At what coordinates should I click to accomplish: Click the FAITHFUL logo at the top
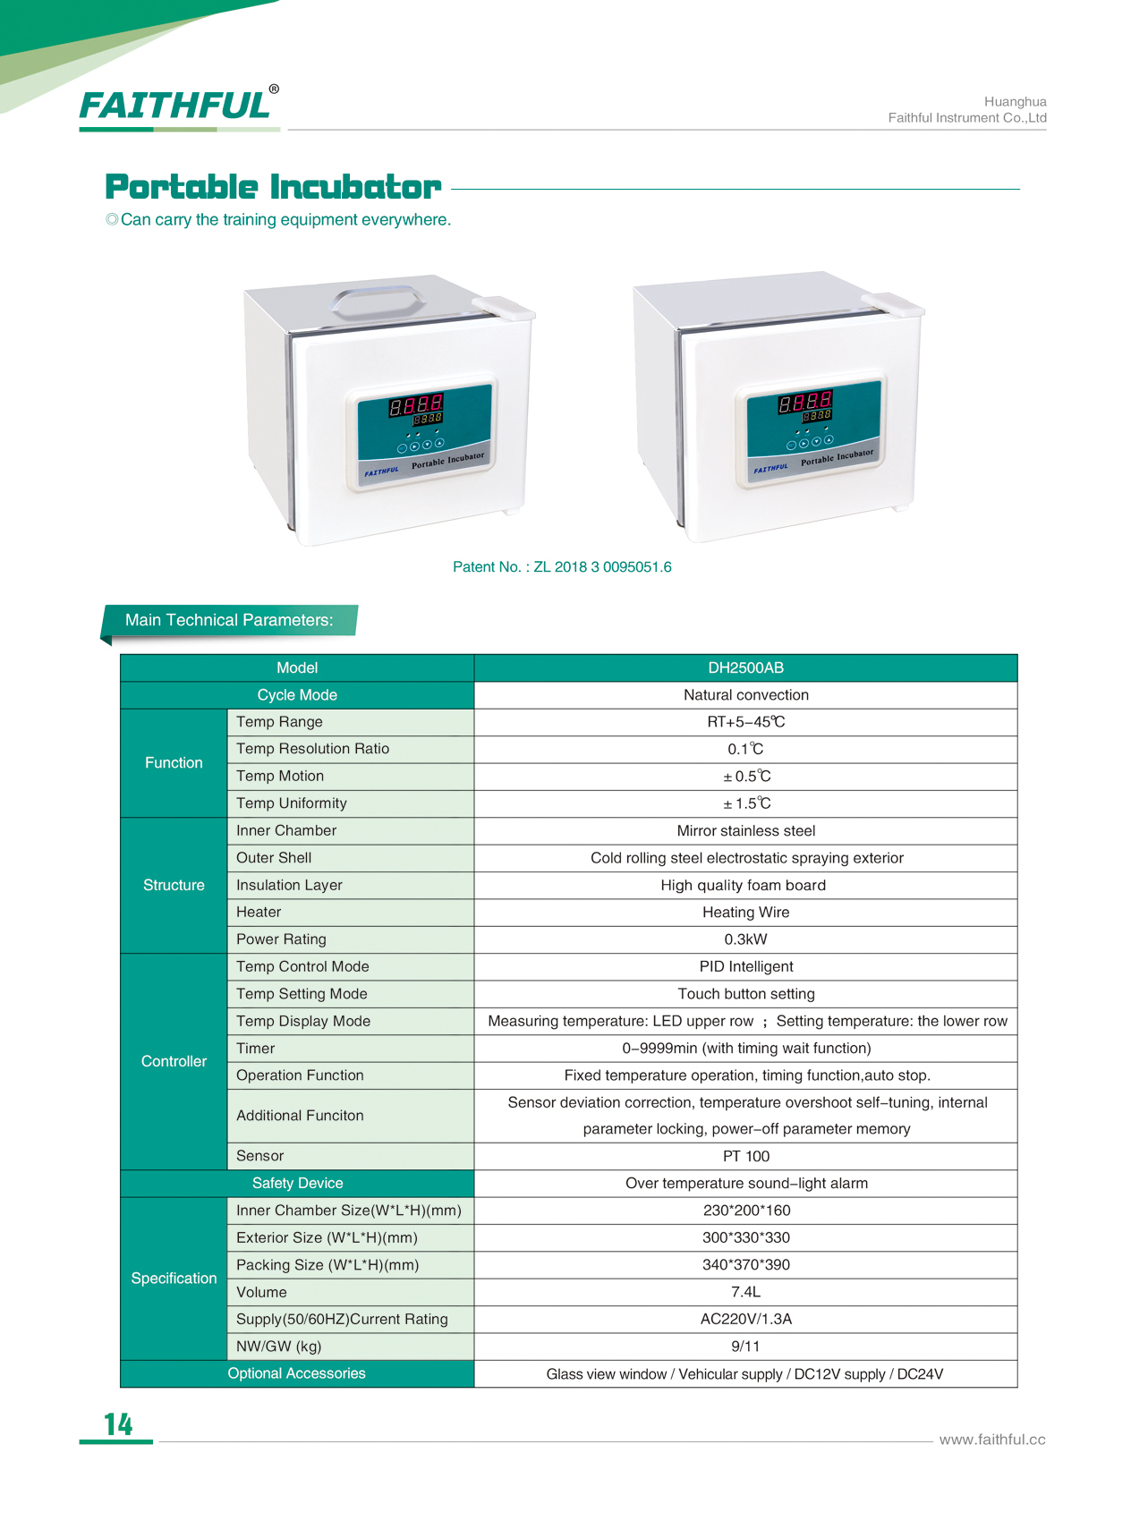(x=176, y=106)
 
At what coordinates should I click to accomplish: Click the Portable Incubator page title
(x=273, y=187)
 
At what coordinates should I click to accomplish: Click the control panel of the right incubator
(x=813, y=432)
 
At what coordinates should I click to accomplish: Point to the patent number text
(x=561, y=566)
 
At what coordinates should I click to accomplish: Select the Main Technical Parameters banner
(x=229, y=620)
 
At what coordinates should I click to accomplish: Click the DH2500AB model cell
(x=744, y=667)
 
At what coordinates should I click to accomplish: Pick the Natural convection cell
(x=744, y=695)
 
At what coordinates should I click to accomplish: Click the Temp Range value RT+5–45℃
(x=744, y=722)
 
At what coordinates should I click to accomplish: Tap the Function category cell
(x=174, y=762)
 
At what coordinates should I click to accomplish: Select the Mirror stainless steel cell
(x=744, y=830)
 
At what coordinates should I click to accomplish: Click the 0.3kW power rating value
(x=744, y=939)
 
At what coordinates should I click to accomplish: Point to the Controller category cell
(x=174, y=1061)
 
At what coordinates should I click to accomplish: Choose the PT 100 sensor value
(x=744, y=1156)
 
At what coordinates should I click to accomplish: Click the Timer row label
(x=256, y=1048)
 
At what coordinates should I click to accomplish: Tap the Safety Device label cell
(x=297, y=1183)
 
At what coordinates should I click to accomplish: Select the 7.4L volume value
(x=744, y=1292)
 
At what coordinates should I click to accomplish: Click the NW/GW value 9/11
(x=744, y=1346)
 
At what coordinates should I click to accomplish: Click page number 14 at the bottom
(x=118, y=1423)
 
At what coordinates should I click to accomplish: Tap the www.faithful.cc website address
(x=991, y=1440)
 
